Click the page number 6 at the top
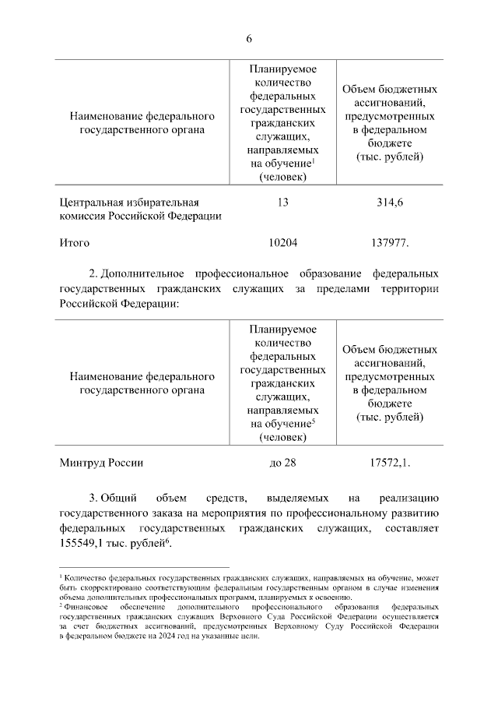coord(249,39)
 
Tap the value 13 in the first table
coord(282,203)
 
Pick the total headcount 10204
coord(282,243)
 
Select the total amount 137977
coord(391,243)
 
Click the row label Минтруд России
coord(102,462)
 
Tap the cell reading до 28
coord(282,462)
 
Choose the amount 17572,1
coord(391,462)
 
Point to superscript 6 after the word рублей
coord(167,539)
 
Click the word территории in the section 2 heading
coord(406,289)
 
